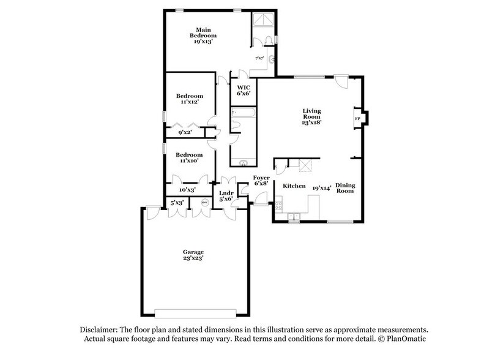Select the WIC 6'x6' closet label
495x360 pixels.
(244, 91)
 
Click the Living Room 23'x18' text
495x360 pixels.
(312, 116)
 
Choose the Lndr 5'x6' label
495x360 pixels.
(225, 195)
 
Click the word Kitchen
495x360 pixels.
(294, 186)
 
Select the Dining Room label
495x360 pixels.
(346, 187)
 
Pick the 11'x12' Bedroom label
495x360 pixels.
(189, 99)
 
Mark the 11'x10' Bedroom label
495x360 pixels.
(189, 159)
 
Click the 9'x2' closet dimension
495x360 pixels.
(185, 132)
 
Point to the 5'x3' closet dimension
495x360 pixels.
(177, 202)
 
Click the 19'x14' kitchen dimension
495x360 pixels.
(322, 189)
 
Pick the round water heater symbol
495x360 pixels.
(204, 203)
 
